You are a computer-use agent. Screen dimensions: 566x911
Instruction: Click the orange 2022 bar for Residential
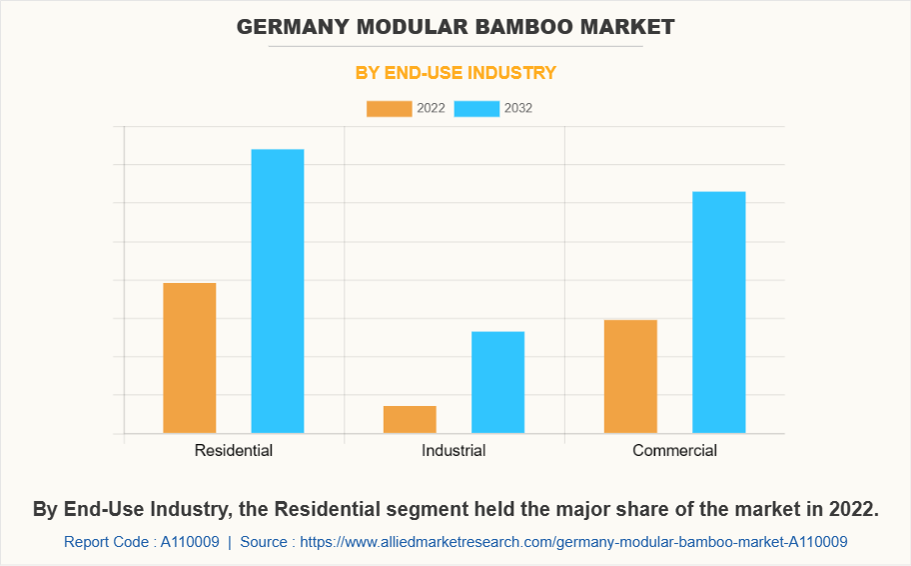190,358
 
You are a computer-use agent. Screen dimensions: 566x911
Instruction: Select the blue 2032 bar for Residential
278,291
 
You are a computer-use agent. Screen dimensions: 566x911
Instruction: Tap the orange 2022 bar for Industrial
410,419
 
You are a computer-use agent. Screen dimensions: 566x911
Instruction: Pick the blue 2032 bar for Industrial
497,382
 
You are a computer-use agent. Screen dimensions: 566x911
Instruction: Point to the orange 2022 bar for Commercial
630,376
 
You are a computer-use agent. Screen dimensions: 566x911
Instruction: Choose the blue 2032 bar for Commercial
718,312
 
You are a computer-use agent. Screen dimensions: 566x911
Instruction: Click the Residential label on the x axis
234,451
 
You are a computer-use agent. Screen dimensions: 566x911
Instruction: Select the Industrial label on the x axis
454,451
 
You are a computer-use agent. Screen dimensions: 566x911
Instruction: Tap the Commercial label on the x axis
674,451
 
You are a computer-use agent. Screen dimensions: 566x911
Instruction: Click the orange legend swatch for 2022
389,108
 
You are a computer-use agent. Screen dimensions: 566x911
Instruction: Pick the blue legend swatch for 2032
476,108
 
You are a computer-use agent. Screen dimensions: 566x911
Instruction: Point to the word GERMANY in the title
289,27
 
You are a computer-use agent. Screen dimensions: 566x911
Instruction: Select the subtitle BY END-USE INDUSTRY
455,73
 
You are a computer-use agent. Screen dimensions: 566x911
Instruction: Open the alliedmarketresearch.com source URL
573,542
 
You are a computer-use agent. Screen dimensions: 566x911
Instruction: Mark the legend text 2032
518,108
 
